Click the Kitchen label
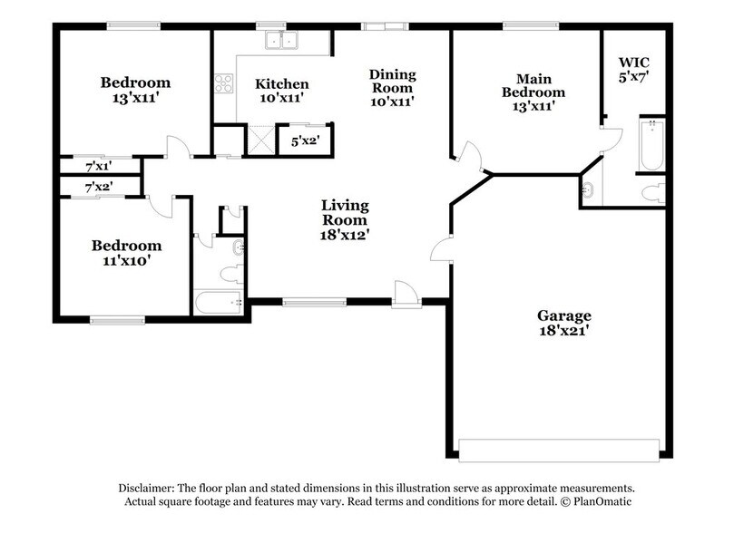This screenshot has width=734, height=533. [x=280, y=91]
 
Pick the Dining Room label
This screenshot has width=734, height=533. [x=391, y=87]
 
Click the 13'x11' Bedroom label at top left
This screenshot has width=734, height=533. [x=135, y=91]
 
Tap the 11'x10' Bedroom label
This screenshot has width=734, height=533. [x=126, y=253]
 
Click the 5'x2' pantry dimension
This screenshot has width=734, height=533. [x=304, y=141]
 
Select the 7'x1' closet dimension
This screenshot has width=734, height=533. [x=98, y=167]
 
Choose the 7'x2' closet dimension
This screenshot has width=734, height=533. [x=98, y=188]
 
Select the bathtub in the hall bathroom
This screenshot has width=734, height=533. [x=217, y=303]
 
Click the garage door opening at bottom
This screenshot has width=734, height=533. [x=559, y=450]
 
